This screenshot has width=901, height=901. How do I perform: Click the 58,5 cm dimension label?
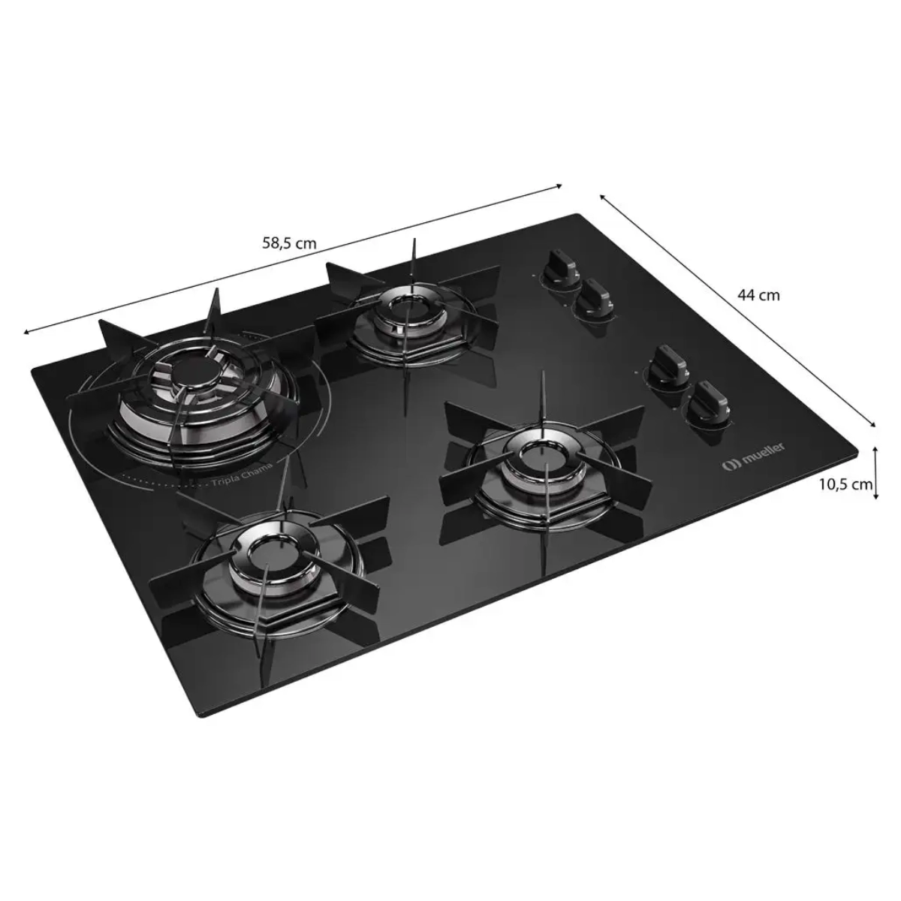point(289,243)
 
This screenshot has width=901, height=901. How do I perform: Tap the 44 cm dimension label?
point(758,295)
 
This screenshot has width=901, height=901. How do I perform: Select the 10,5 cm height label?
point(848,484)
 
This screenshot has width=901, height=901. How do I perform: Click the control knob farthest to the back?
point(561,266)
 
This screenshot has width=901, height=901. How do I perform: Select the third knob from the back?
point(664,366)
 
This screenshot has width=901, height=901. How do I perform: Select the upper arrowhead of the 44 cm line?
point(601,193)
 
